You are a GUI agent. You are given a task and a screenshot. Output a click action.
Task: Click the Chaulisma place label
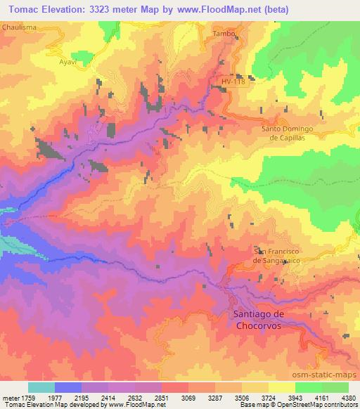click(x=20, y=26)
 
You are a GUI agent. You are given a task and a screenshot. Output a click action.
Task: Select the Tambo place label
click(x=223, y=33)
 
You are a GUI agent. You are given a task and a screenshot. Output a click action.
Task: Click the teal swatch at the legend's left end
click(x=41, y=387)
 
